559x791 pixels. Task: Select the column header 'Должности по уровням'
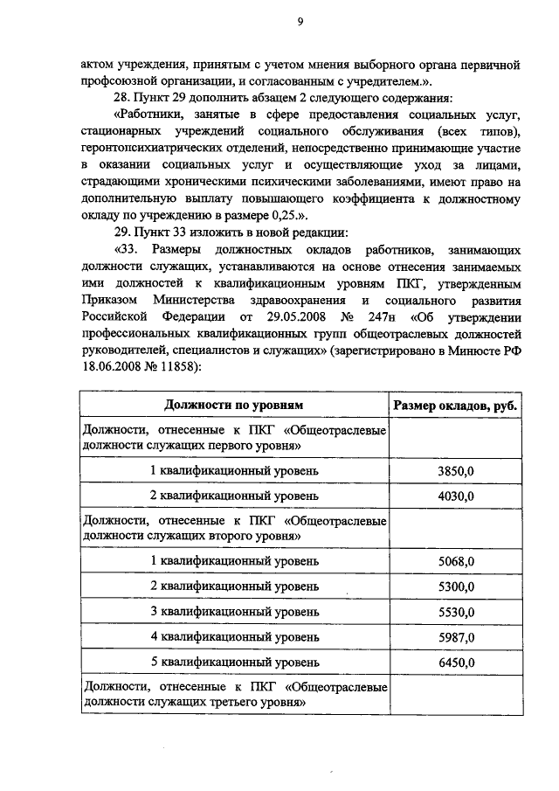234,406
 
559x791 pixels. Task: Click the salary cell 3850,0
455,471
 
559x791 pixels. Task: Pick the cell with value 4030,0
455,496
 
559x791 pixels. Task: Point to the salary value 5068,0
455,560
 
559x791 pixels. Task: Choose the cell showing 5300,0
455,586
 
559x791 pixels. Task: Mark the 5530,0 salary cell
455,611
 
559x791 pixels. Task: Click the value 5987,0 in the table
455,636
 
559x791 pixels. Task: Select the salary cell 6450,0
455,662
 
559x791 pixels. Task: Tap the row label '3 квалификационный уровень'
234,611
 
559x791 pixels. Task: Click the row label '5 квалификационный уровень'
234,662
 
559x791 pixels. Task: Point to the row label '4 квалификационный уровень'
234,636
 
